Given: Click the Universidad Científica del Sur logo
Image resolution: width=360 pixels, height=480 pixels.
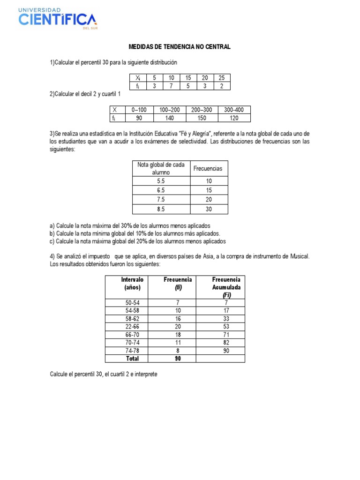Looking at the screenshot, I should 58,19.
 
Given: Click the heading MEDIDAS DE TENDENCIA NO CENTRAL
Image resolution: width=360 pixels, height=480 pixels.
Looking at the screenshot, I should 180,47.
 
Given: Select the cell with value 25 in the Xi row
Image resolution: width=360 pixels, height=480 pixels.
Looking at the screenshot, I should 221,78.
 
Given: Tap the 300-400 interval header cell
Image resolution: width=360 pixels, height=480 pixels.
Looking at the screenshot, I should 234,110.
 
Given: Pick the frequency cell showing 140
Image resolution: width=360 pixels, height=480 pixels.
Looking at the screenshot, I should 169,118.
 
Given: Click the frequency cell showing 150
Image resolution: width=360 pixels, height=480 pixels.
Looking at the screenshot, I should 202,118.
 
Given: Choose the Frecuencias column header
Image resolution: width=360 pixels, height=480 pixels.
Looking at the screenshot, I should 209,168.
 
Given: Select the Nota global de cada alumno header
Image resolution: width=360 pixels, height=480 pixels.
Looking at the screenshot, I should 161,168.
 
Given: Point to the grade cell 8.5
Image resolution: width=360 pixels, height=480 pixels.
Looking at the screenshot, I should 161,209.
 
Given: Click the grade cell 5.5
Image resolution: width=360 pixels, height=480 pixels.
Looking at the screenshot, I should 161,181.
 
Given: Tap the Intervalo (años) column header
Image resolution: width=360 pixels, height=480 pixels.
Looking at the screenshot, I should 132,284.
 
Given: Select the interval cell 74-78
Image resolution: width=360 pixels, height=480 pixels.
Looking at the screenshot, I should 132,350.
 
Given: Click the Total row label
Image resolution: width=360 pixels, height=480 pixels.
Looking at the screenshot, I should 132,359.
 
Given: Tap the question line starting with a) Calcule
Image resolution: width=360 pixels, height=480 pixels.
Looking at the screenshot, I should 130,225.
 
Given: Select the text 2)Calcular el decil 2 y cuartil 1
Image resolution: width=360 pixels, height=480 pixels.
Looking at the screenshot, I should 85,94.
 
